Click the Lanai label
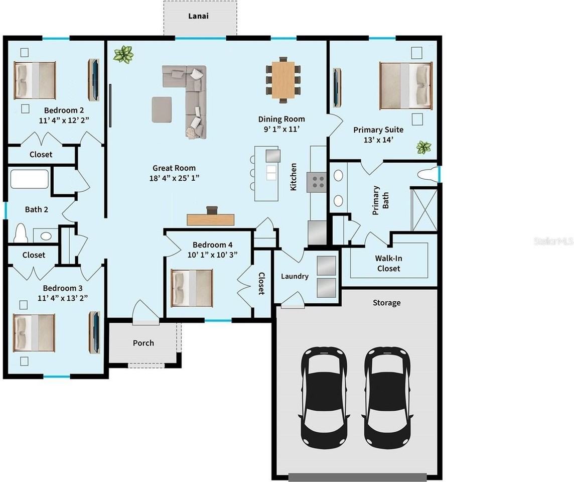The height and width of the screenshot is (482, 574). point(198,16)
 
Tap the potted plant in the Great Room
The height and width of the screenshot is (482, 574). point(123,55)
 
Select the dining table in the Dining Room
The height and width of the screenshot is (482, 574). point(283,80)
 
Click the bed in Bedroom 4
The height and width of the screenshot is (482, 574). point(192,288)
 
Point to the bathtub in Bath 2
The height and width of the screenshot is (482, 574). point(29,179)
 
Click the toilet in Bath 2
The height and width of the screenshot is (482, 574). point(21,233)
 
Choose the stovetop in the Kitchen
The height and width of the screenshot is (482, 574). point(317,182)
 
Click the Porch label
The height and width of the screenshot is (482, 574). point(143,343)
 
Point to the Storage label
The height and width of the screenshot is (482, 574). point(386,303)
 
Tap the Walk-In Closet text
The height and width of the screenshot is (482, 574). point(388,263)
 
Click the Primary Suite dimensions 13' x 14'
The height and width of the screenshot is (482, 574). point(378,140)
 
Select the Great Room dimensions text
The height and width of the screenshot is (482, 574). point(174,178)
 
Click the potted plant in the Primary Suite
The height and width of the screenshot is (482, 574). point(423,148)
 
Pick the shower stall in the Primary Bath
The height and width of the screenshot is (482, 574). point(424,209)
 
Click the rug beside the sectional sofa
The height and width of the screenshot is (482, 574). point(162,109)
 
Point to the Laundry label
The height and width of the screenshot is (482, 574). point(295,276)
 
